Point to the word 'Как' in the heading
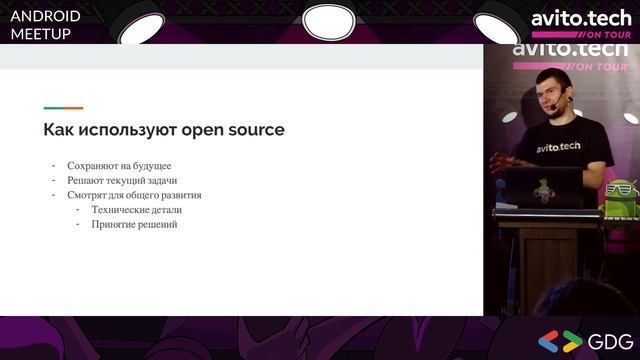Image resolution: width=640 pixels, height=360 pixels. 58,130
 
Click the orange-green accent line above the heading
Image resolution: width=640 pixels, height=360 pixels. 63,108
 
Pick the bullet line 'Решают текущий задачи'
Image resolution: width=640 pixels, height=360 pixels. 122,180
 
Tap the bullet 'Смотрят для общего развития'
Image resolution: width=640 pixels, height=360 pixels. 134,195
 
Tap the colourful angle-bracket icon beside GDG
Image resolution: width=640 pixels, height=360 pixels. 560,340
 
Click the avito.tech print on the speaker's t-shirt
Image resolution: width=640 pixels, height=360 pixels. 558,147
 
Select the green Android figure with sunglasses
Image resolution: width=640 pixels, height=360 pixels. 619,195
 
